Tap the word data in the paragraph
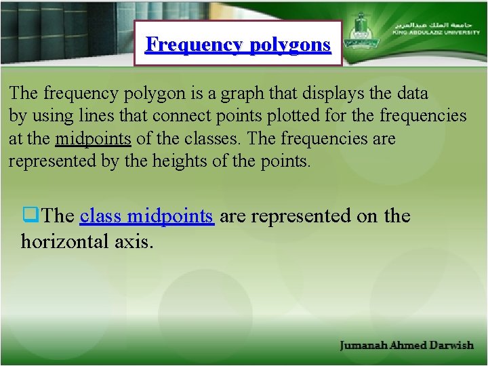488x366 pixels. [413, 93]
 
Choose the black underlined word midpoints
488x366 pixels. [93, 139]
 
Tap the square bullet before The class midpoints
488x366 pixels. [31, 216]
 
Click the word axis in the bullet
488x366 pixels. [134, 241]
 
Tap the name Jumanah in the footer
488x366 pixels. [363, 345]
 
